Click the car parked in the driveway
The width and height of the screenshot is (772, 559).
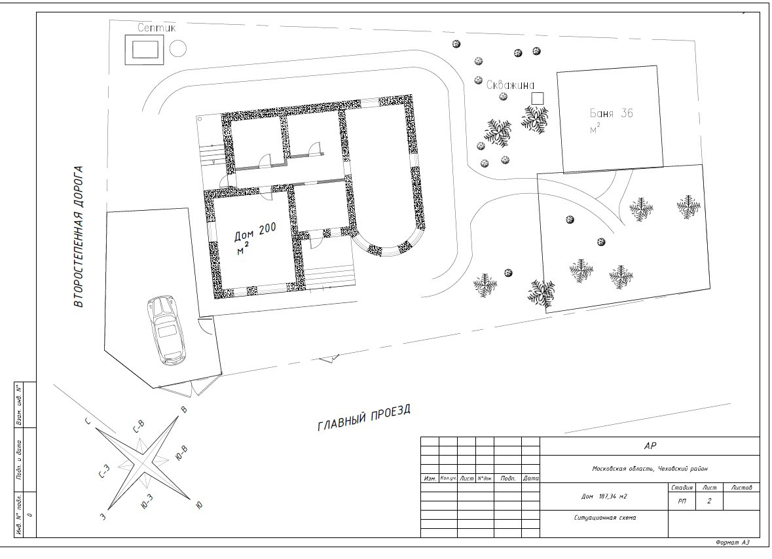coord(168,329)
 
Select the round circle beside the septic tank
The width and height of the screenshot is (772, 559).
coord(178,48)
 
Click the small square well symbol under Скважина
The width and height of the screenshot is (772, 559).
coord(537,98)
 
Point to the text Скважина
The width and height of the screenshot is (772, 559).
coord(511,84)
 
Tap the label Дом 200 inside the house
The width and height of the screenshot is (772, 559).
coord(255,231)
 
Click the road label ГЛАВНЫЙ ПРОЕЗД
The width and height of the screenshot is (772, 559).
coord(364,418)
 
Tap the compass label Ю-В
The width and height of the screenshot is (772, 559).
coord(181,451)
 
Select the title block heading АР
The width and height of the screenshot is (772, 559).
coord(650,446)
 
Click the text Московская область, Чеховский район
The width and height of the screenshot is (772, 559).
coord(650,469)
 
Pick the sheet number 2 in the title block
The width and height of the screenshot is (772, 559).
coord(709,501)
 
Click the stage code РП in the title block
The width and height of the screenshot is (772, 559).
coord(682,501)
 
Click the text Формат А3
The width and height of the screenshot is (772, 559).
coord(733,543)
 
